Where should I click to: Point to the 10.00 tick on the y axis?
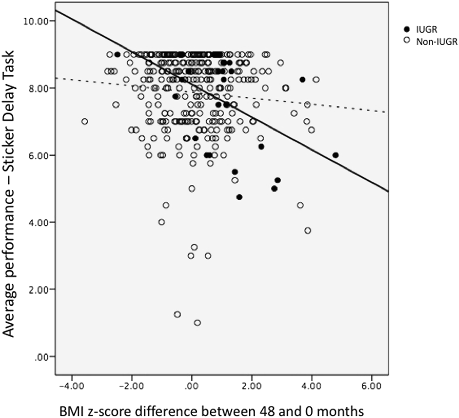(x=39, y=21)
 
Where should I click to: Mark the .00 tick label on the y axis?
(x=44, y=356)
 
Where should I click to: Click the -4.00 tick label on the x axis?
(x=71, y=384)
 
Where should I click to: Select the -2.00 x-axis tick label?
(x=131, y=384)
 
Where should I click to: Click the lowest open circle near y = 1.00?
(x=197, y=323)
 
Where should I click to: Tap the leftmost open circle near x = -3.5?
(x=84, y=121)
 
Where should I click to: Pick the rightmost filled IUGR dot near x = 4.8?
(x=336, y=155)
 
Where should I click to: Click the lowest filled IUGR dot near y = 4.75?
(x=239, y=197)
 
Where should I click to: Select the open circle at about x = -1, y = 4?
(x=162, y=222)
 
